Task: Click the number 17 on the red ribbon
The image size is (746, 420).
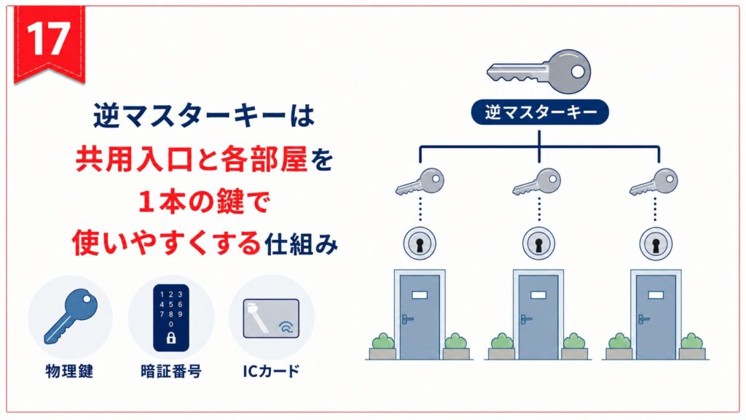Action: point(48,39)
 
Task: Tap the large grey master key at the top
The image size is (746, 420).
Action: point(538,71)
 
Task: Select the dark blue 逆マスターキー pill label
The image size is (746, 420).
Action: point(540,112)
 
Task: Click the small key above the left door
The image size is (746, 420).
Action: point(420,182)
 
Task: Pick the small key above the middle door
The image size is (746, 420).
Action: point(537,182)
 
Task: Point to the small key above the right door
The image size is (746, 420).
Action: point(653,182)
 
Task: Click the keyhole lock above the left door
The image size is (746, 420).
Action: point(420,244)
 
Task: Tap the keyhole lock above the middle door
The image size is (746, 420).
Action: point(538,244)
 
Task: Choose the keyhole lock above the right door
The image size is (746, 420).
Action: point(656,244)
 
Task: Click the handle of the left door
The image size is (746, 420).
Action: point(407,319)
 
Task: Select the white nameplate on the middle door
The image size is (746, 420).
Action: point(538,295)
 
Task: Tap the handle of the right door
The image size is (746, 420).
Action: point(643,319)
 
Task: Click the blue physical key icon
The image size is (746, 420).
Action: point(71,316)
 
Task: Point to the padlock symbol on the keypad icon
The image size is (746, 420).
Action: point(170,338)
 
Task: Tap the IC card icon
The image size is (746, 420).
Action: point(271,319)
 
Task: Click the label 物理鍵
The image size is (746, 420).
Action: point(69,371)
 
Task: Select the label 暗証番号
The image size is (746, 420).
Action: point(171,371)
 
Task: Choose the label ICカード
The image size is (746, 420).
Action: point(271,371)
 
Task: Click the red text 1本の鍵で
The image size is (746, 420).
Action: point(204,202)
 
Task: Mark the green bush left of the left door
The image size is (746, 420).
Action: point(383,341)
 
